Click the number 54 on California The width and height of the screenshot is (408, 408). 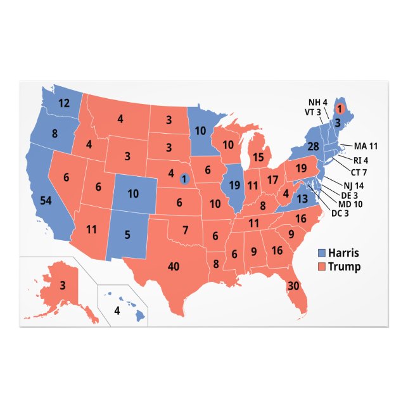click(46, 200)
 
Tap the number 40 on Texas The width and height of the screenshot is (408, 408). click(174, 266)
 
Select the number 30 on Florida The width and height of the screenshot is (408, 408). click(293, 286)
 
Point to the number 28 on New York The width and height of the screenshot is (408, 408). click(312, 147)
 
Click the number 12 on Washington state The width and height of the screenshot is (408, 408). click(64, 103)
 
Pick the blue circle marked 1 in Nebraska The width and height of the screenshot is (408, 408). click(184, 179)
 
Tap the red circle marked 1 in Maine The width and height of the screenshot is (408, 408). click(339, 108)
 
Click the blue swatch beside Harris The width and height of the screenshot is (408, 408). click(321, 253)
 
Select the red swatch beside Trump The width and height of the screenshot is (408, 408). click(321, 267)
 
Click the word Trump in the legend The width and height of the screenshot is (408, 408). click(345, 267)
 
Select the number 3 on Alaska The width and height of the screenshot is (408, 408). click(63, 285)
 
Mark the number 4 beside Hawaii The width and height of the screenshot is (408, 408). click(116, 311)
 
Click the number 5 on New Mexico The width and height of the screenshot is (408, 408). click(127, 235)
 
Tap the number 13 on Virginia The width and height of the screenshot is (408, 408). click(302, 199)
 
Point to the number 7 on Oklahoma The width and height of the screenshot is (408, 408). click(186, 229)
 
